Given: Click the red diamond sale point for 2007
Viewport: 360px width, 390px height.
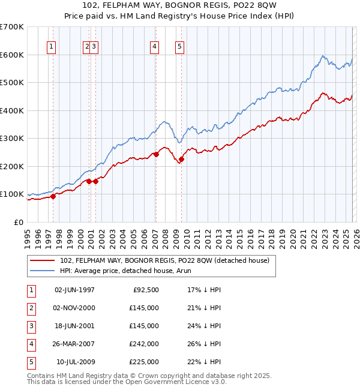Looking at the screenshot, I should click(x=156, y=154).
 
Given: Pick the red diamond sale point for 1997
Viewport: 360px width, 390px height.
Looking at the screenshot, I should click(x=53, y=196).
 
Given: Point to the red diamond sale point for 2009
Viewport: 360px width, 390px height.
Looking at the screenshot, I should click(x=181, y=159).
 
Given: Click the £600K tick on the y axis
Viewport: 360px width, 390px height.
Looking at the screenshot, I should click(x=12, y=55).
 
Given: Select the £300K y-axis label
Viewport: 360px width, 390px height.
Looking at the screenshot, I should click(x=12, y=138).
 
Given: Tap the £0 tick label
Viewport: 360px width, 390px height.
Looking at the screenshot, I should click(x=19, y=222).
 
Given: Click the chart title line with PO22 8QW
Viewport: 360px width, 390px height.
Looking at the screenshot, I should click(x=180, y=7).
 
